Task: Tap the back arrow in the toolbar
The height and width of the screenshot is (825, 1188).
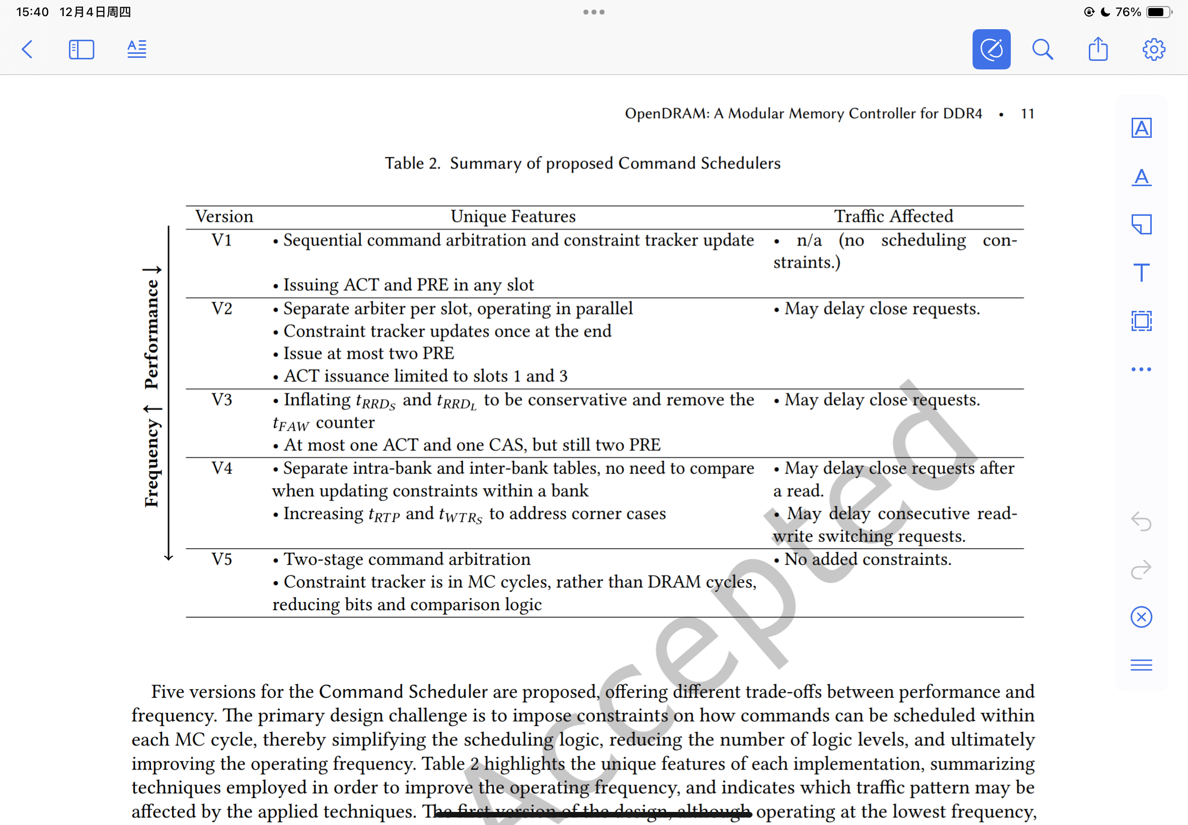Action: [x=27, y=50]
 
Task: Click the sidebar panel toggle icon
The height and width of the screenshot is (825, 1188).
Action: [x=82, y=50]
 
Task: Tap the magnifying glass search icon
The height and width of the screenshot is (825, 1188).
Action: [x=1042, y=50]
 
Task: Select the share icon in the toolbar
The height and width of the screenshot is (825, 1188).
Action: [x=1097, y=50]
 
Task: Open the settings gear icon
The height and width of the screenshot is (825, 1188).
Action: [x=1153, y=50]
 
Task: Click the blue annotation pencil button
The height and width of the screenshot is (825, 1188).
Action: [x=991, y=50]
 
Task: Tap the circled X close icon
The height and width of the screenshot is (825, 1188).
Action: [x=1141, y=617]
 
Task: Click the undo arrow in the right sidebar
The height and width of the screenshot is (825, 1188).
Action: [x=1141, y=521]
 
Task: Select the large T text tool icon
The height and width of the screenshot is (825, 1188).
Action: [x=1141, y=273]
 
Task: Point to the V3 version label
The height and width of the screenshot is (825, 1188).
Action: [x=222, y=399]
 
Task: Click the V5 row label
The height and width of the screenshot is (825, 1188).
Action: [x=222, y=559]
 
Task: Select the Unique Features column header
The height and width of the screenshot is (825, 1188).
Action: [x=513, y=217]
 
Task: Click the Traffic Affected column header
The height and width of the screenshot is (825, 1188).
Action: [x=893, y=217]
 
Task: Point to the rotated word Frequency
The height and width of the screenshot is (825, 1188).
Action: [x=152, y=463]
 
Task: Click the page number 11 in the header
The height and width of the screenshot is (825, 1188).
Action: [x=1027, y=114]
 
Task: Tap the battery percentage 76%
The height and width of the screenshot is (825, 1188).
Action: [x=1128, y=12]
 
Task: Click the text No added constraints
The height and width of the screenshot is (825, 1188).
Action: [x=867, y=559]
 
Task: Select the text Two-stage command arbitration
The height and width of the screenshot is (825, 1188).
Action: [x=407, y=559]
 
